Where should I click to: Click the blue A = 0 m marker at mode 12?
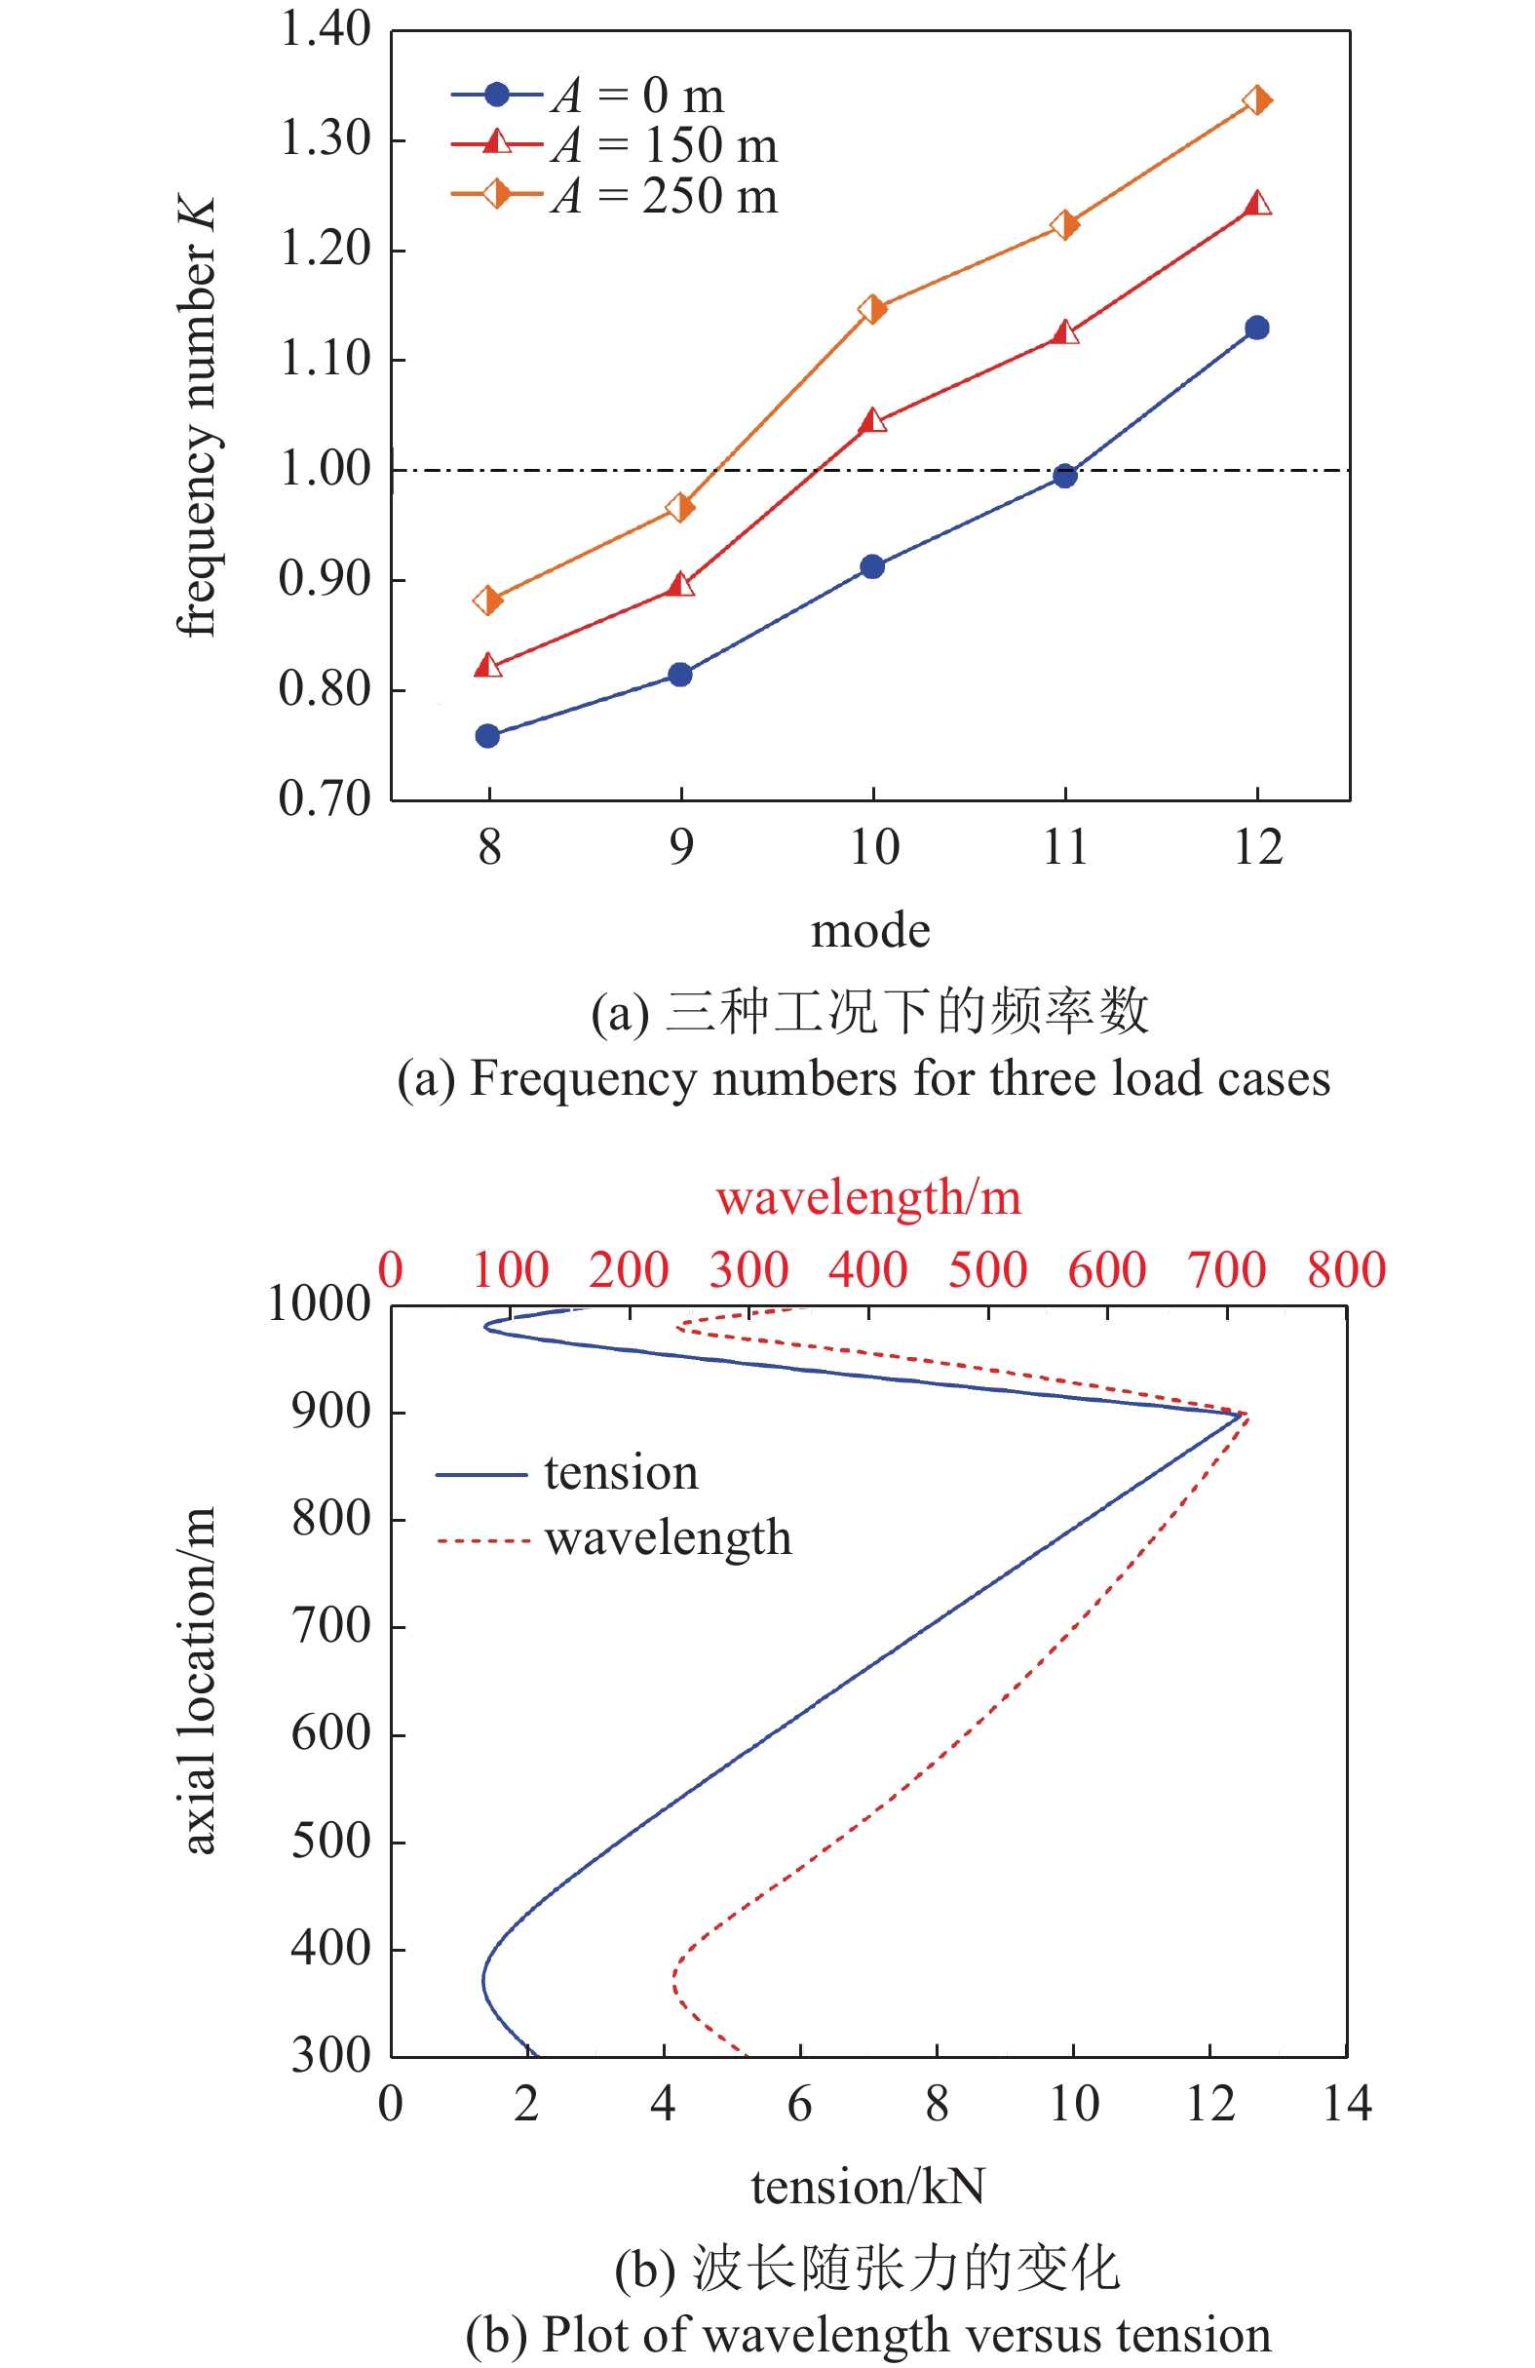[1256, 328]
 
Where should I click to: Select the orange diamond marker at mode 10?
[872, 308]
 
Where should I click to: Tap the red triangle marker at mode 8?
[487, 665]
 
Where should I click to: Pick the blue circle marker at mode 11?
[1064, 476]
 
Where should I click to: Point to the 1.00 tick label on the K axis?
[326, 469]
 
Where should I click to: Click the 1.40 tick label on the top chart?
[326, 29]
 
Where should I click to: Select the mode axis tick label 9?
[680, 848]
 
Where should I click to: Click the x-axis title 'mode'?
[870, 931]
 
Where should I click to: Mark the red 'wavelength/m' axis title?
[867, 1197]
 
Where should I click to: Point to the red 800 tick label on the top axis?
[1346, 1269]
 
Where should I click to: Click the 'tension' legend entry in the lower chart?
[621, 1472]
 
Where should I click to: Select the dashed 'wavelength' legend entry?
[668, 1538]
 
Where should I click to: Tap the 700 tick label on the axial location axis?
[330, 1626]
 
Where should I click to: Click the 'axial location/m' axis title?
[198, 1681]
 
